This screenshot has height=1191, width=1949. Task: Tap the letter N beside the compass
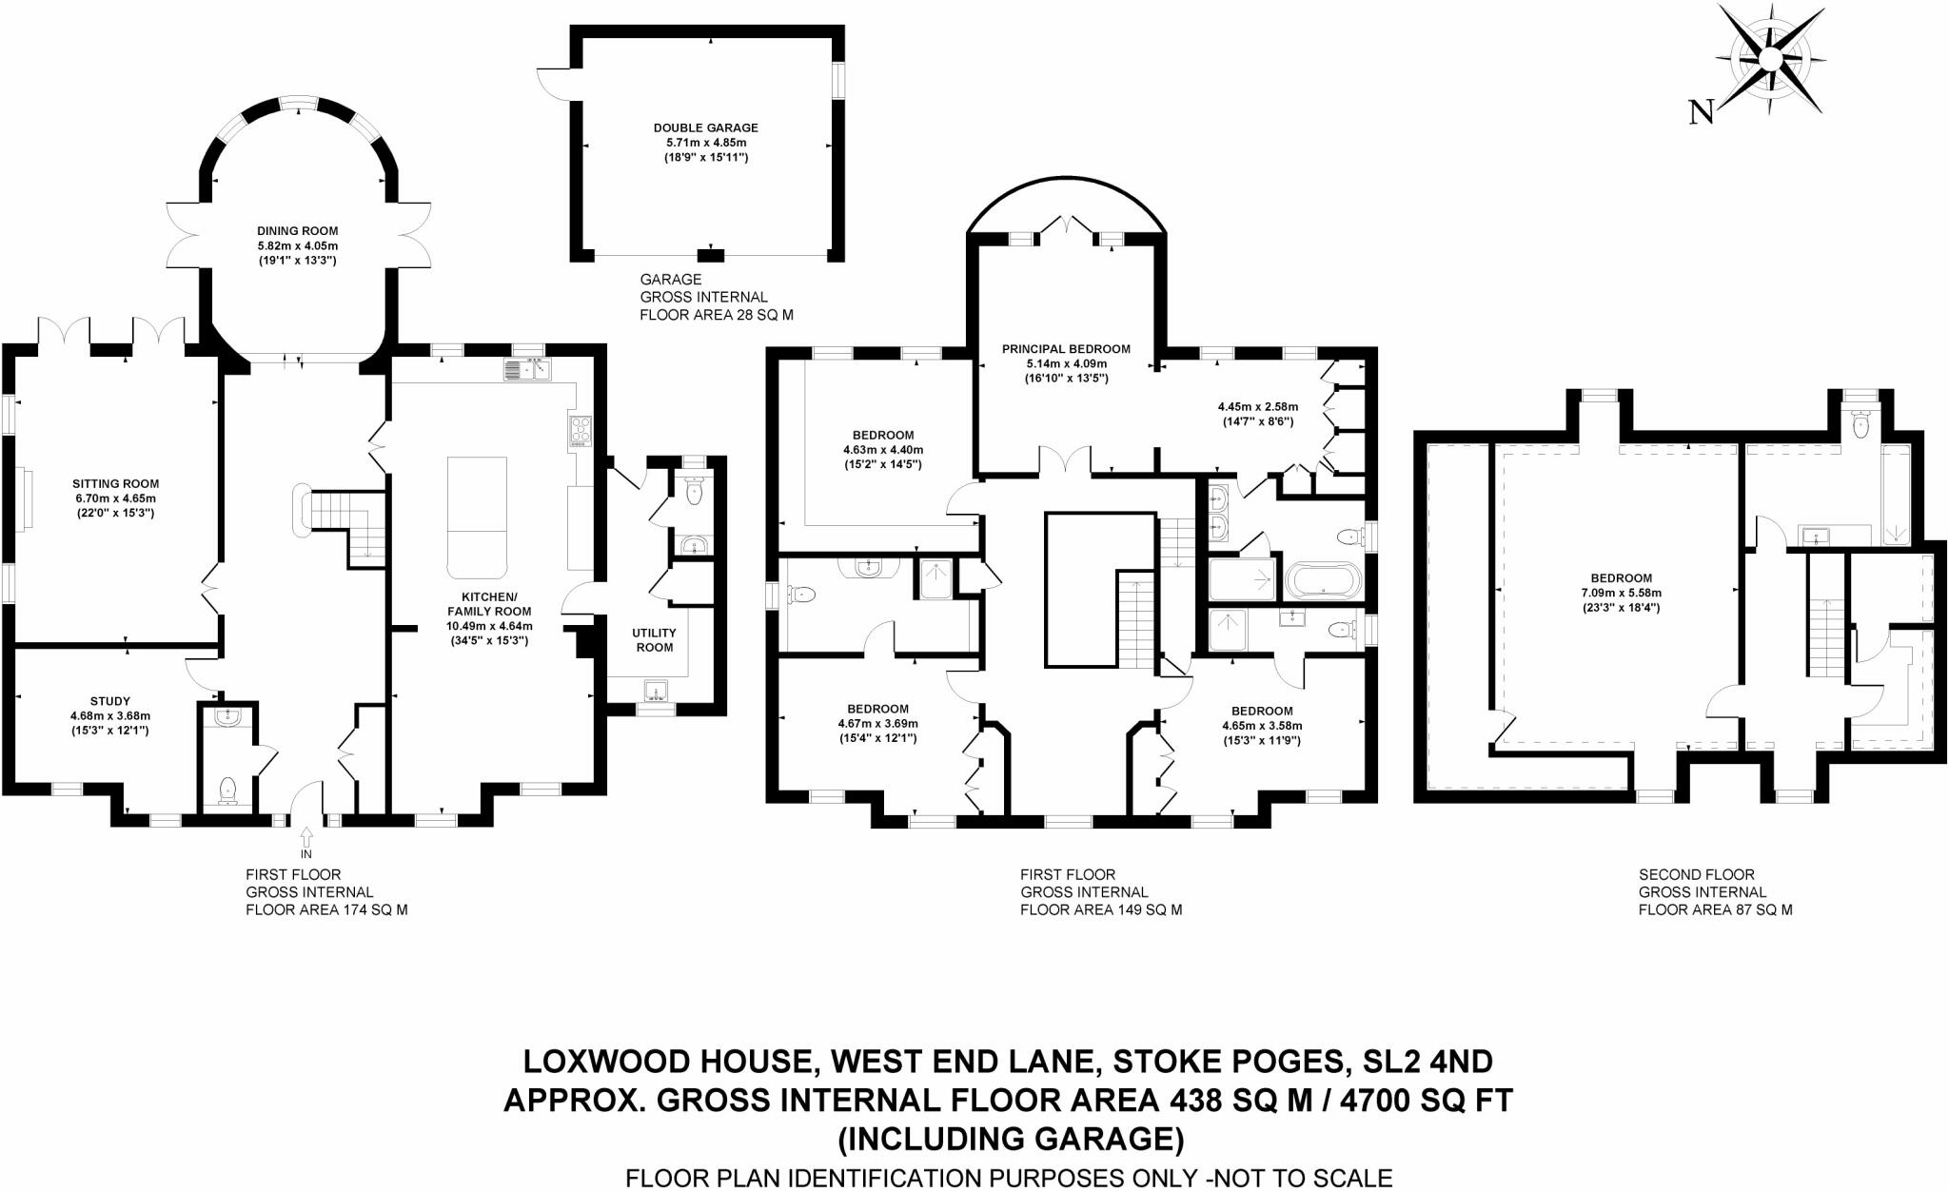1702,112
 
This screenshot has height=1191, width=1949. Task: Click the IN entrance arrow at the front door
306,837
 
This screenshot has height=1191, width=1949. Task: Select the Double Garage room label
706,127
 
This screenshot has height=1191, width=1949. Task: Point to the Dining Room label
298,231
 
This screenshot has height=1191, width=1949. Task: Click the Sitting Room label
116,483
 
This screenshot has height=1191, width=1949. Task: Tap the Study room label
110,701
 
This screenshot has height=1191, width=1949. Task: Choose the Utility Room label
655,640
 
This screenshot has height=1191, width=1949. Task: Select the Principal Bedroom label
1066,349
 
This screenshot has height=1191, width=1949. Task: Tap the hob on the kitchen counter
581,432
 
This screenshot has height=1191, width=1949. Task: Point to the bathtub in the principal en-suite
1324,579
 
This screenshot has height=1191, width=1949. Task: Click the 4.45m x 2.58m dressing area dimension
1258,406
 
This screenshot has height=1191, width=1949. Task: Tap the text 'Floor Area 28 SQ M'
716,314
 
